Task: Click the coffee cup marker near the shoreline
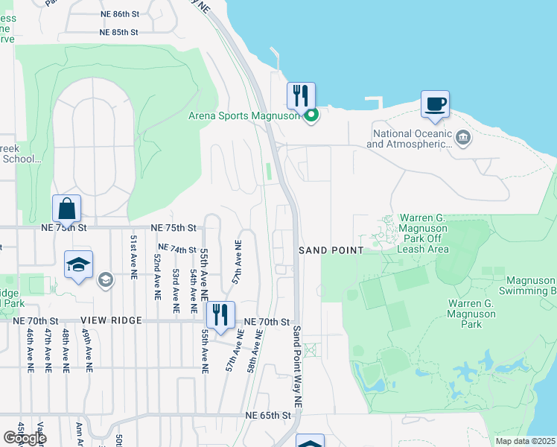435,104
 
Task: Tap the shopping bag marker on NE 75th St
66,209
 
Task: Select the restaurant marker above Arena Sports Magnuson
301,96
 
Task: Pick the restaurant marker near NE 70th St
220,316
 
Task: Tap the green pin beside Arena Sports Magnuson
312,115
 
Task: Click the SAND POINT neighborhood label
331,251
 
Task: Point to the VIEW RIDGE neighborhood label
115,320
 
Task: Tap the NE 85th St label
120,32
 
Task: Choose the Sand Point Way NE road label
297,366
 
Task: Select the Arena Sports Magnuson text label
244,115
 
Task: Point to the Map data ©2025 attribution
526,441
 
